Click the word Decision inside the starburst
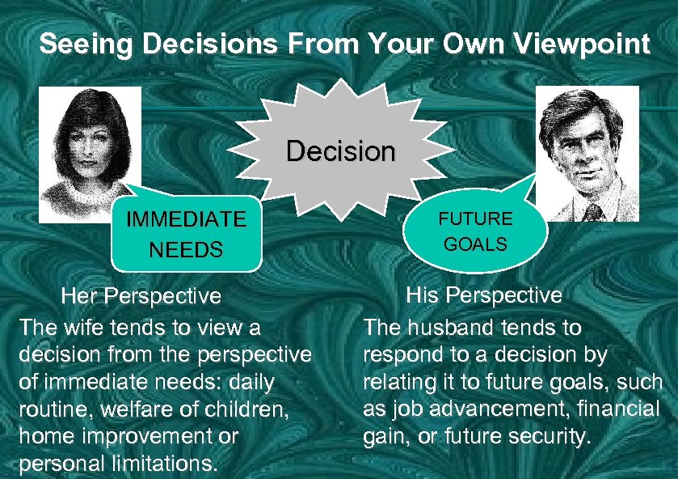pos(341,151)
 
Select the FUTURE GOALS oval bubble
pos(475,231)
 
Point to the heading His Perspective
pos(483,295)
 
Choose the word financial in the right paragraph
pos(621,409)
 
